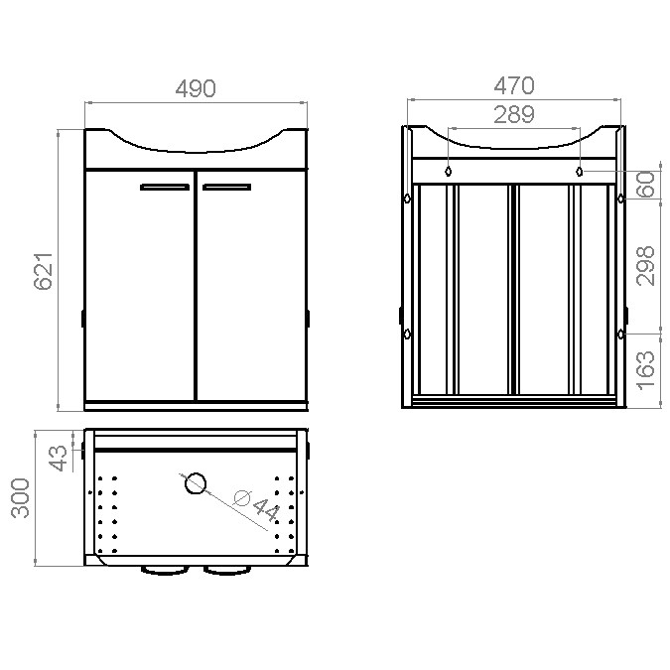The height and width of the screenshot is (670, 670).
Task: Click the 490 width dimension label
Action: click(x=196, y=88)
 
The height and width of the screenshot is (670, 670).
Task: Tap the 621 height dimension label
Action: click(x=44, y=271)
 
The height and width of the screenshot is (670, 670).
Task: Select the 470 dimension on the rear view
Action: click(x=514, y=85)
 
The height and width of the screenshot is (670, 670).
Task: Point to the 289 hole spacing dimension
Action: click(x=514, y=114)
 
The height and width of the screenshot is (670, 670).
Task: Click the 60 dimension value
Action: click(x=645, y=185)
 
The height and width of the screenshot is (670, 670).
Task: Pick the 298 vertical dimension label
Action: click(x=645, y=266)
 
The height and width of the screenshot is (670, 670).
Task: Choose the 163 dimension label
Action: click(x=645, y=370)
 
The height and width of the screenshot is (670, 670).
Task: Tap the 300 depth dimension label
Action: click(x=20, y=498)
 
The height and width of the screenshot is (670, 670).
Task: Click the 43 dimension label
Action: click(x=58, y=458)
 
